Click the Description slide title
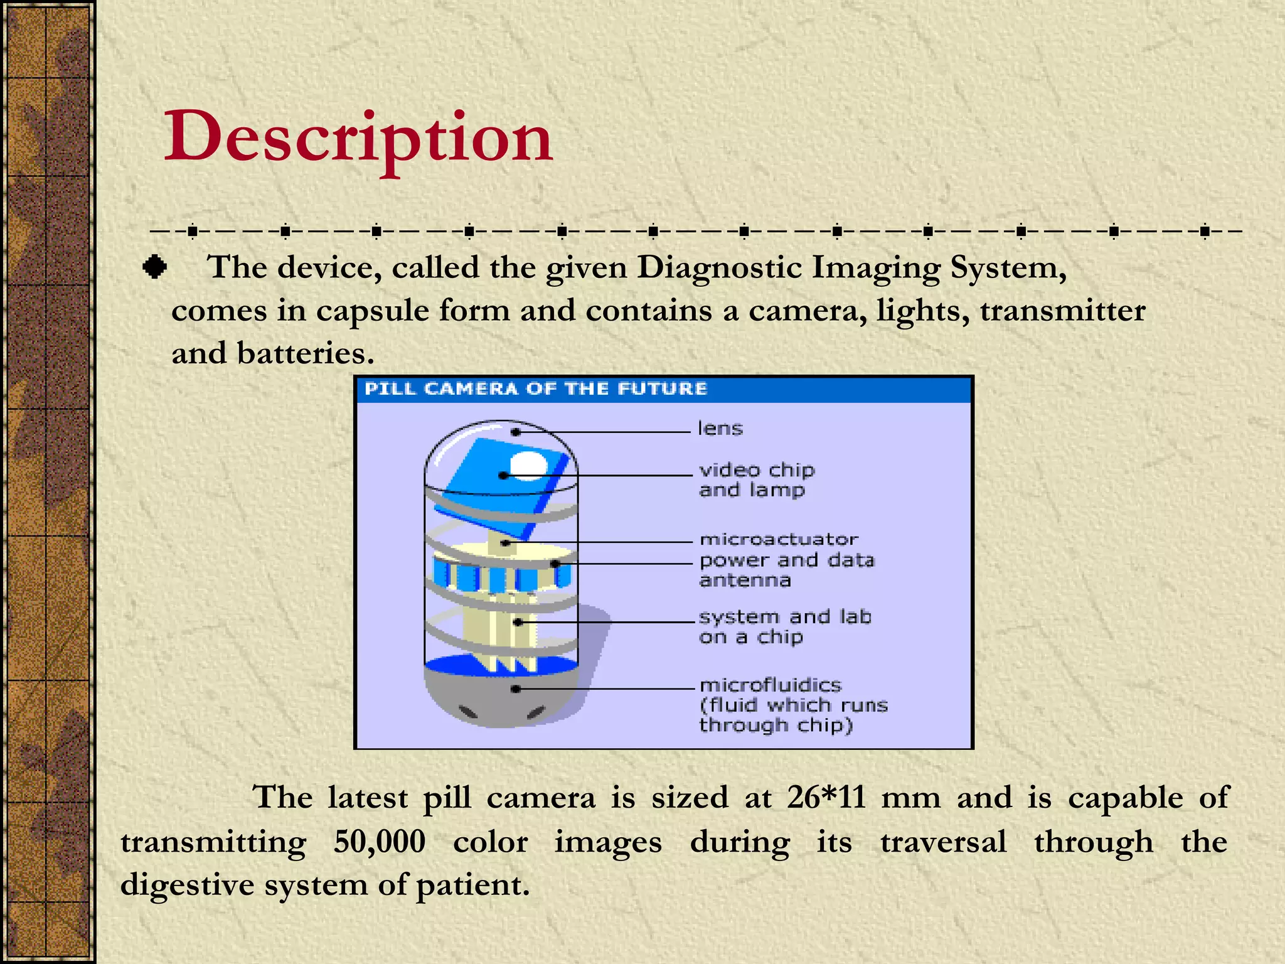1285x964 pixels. (358, 138)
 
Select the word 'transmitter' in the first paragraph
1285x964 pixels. (1062, 311)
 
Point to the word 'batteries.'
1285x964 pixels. (305, 354)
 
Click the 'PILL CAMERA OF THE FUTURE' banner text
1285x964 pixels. (535, 389)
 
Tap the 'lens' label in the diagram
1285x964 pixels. (720, 429)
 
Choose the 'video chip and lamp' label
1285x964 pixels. (756, 480)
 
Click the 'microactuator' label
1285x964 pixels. (779, 539)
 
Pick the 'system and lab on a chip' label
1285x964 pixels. (784, 627)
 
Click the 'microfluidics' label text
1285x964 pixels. (770, 685)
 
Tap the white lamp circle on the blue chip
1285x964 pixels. (528, 465)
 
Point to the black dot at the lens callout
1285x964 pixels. (515, 432)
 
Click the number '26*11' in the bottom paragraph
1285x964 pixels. (826, 798)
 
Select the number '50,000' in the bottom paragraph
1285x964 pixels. (379, 842)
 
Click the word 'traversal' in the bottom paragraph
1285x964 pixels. (943, 842)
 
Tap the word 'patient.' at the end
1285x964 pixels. (473, 886)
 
